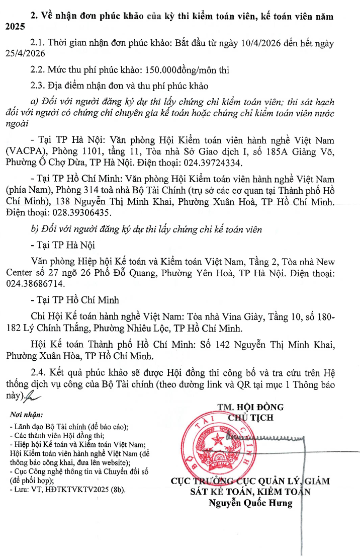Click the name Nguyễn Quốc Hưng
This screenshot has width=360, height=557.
point(251,503)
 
